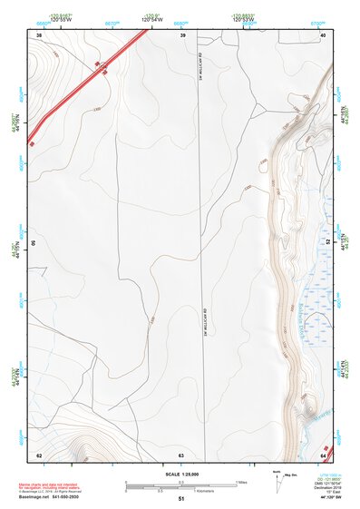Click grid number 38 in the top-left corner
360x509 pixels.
pyautogui.click(x=39, y=34)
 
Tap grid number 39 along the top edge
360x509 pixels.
pyautogui.click(x=183, y=34)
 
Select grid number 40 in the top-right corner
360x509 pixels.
pyautogui.click(x=323, y=34)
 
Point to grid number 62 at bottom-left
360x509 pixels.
pyautogui.click(x=39, y=455)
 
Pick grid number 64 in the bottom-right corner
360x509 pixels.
pyautogui.click(x=323, y=455)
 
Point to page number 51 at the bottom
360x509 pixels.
pyautogui.click(x=180, y=500)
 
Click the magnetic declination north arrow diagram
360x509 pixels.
pyautogui.click(x=278, y=481)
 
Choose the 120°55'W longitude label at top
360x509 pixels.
pyautogui.click(x=60, y=18)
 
